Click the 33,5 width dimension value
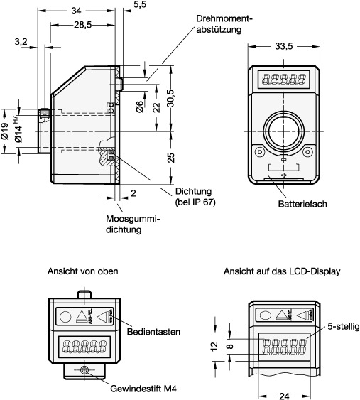point(284,47)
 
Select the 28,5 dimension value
point(83,25)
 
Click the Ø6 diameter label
point(140,107)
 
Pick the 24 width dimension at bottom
point(284,396)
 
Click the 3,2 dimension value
point(21,42)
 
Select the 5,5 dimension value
point(140,4)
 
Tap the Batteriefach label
point(302,204)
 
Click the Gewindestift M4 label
point(143,389)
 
